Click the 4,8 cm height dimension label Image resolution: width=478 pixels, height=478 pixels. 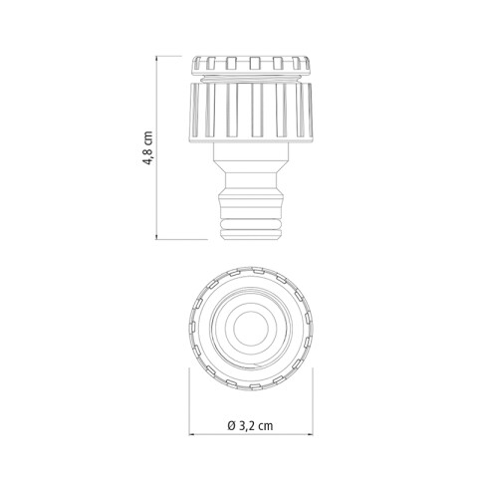tap(148, 148)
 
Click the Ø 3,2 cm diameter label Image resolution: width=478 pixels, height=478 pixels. tap(251, 426)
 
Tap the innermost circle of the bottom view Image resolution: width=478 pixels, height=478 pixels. tap(251, 329)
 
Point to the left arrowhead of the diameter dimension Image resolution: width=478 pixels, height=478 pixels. tap(192, 434)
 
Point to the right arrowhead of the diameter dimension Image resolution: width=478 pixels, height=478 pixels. tap(310, 434)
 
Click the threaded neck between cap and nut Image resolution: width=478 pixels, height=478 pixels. tap(251, 79)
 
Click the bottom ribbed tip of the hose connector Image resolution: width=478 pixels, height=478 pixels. tap(251, 228)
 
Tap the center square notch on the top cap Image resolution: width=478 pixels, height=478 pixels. tap(255, 63)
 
